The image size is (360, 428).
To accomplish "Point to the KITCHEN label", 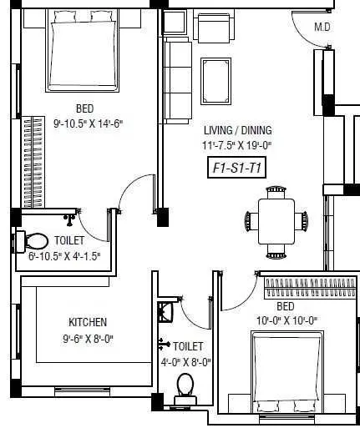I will point(88,322).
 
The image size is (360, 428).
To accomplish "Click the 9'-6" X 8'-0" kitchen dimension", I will point(88,339).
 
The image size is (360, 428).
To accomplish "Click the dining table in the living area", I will point(276,220).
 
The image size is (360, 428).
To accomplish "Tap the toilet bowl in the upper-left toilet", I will point(33,242).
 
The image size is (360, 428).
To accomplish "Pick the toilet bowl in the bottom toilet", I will point(185,389).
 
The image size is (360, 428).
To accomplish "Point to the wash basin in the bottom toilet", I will point(166,312).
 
